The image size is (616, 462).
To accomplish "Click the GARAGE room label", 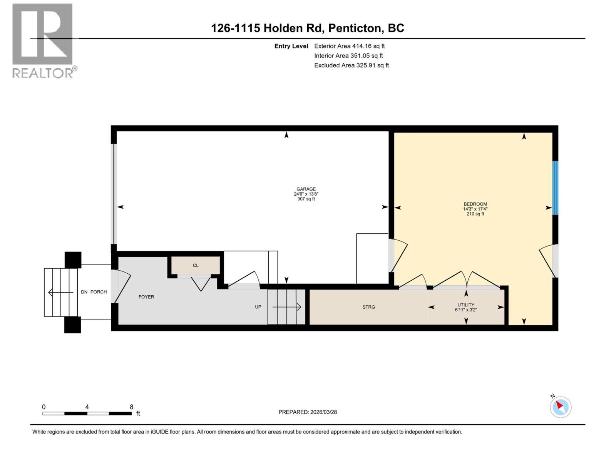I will [306, 189].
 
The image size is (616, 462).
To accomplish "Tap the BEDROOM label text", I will [475, 204].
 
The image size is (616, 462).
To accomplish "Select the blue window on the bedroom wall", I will [555, 188].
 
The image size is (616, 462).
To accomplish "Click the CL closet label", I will [196, 265].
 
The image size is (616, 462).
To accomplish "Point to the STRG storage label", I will [368, 307].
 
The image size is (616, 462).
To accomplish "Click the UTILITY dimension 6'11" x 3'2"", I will [466, 310].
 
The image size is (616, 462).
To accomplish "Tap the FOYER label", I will [146, 297].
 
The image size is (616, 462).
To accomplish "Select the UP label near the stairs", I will [258, 307].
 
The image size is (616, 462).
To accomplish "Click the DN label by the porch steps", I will [84, 292].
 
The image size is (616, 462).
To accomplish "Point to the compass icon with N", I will [560, 407].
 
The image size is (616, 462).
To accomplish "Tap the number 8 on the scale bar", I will [131, 407].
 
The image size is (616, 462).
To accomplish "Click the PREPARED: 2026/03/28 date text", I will [308, 412].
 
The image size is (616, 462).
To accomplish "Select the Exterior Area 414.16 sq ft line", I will [349, 46].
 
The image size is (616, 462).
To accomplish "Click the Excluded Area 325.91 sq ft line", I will [351, 65].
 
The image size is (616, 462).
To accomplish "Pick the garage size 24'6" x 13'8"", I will [306, 194].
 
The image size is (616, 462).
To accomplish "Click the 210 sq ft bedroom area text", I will [475, 214].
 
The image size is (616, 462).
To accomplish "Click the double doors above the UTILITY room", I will [467, 280].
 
